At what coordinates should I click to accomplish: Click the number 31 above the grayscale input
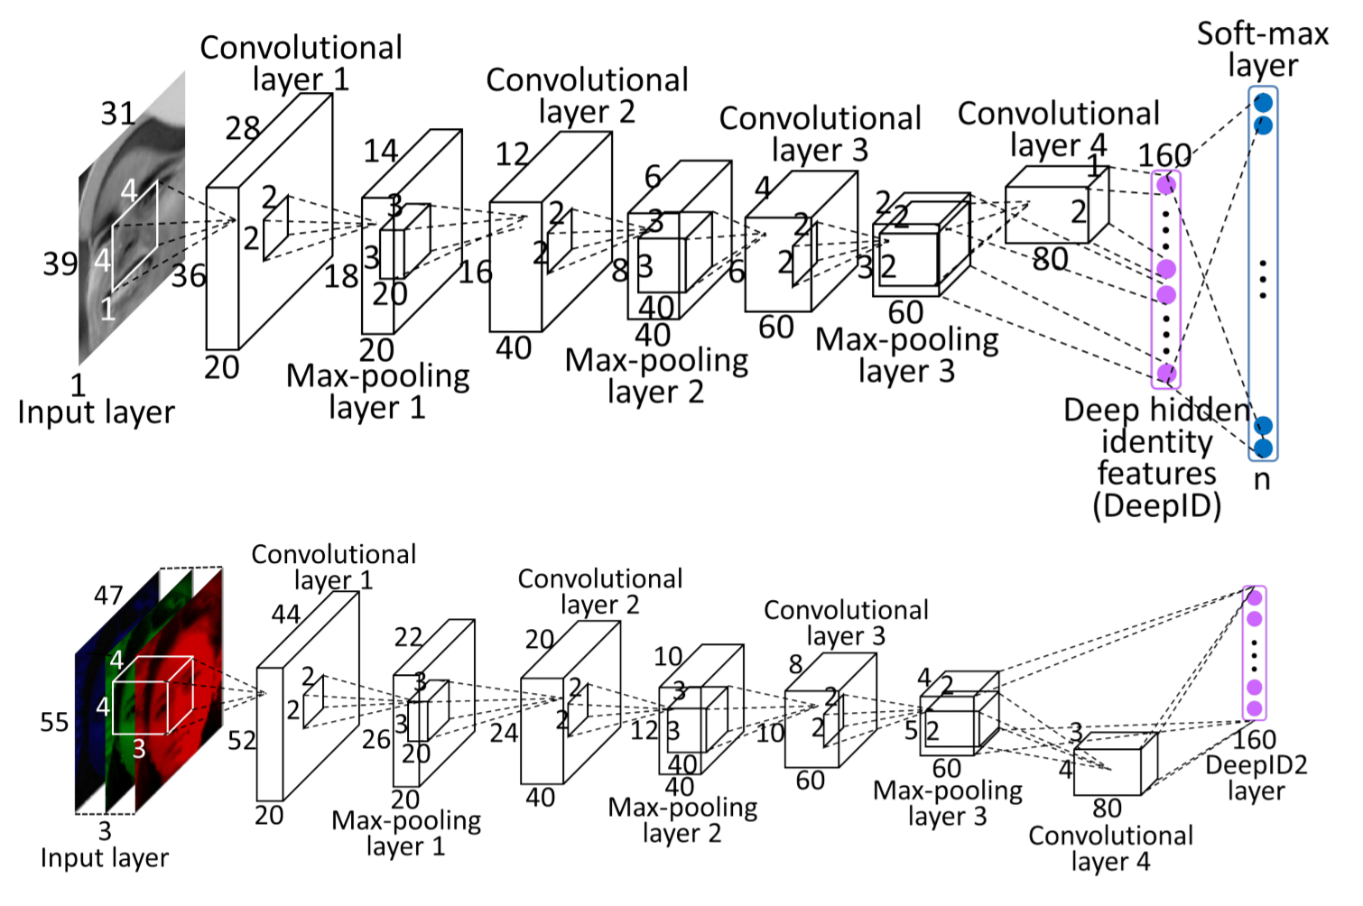pyautogui.click(x=118, y=114)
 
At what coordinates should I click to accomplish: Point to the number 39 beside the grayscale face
pyautogui.click(x=60, y=264)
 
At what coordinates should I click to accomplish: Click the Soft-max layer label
pyautogui.click(x=1262, y=50)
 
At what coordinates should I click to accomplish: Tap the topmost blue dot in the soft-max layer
pyautogui.click(x=1264, y=102)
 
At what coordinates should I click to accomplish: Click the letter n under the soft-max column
pyautogui.click(x=1262, y=479)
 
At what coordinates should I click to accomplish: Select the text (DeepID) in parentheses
pyautogui.click(x=1157, y=505)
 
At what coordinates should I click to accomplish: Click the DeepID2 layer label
pyautogui.click(x=1256, y=777)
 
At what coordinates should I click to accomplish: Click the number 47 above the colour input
pyautogui.click(x=108, y=596)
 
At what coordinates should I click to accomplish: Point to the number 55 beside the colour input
pyautogui.click(x=54, y=723)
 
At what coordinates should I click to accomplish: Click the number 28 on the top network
pyautogui.click(x=243, y=128)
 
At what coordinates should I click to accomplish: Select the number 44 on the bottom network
pyautogui.click(x=286, y=615)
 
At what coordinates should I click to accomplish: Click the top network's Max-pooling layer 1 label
pyautogui.click(x=377, y=392)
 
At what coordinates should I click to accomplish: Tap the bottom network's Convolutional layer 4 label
pyautogui.click(x=1110, y=848)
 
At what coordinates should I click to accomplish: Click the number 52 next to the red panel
pyautogui.click(x=242, y=741)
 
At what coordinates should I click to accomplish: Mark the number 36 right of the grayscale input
pyautogui.click(x=189, y=276)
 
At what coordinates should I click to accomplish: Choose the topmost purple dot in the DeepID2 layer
pyautogui.click(x=1254, y=597)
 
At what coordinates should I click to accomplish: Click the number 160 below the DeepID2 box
pyautogui.click(x=1255, y=740)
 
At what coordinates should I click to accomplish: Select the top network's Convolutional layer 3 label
pyautogui.click(x=820, y=134)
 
